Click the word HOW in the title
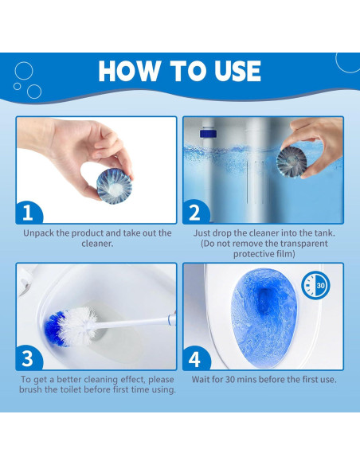(128, 71)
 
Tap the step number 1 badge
(29, 213)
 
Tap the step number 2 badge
(196, 212)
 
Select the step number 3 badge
(29, 358)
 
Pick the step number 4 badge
(196, 358)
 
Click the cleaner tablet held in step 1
(115, 186)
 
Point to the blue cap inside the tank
(208, 133)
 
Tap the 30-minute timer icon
(315, 285)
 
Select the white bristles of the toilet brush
(78, 326)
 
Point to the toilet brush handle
(134, 322)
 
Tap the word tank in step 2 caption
(324, 233)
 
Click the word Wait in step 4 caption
(201, 379)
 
